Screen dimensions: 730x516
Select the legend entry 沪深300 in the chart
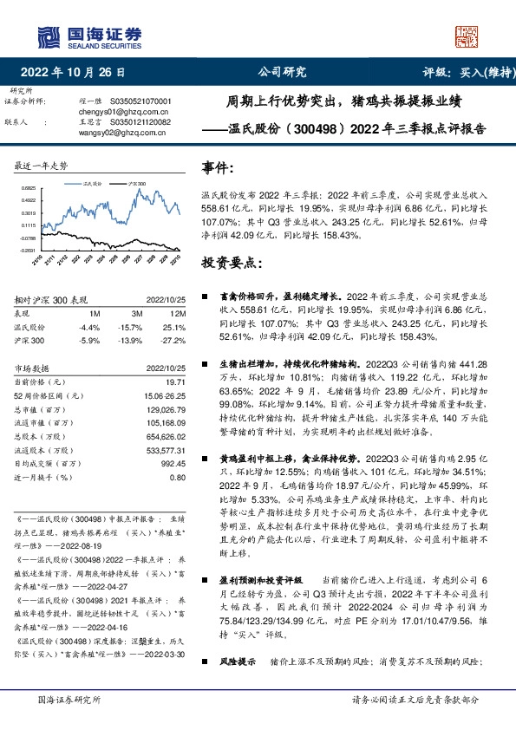click(135, 185)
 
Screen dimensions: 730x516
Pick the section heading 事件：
click(218, 166)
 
